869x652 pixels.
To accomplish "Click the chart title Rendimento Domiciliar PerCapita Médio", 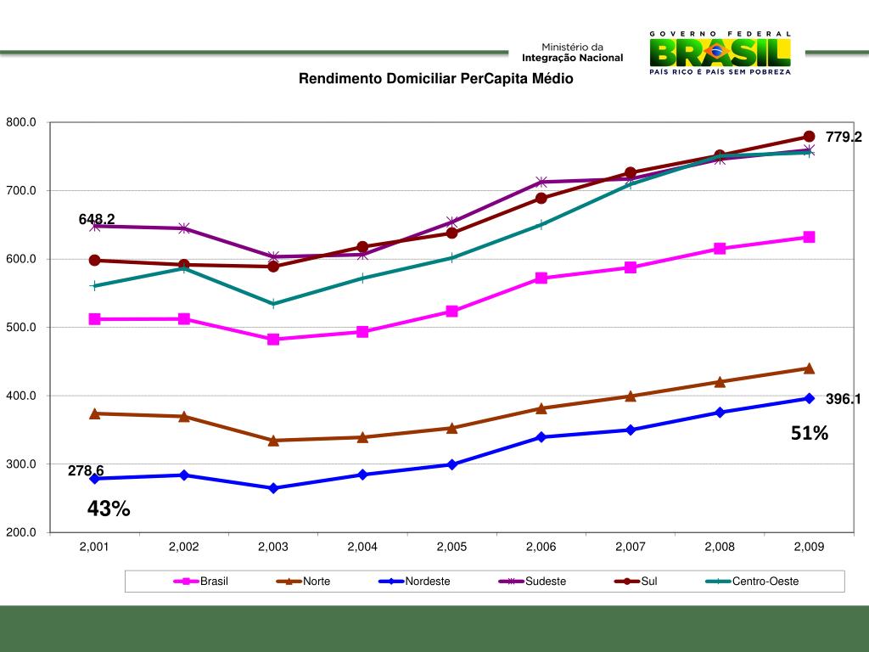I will click(x=434, y=79).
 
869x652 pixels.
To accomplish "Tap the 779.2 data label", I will click(x=844, y=137).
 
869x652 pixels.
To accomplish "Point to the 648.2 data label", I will click(x=97, y=220).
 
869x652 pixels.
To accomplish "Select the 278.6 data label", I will click(x=86, y=470).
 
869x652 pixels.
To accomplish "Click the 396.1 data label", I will click(x=844, y=399).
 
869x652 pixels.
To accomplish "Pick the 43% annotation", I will click(x=109, y=509).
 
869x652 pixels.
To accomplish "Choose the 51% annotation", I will click(x=809, y=434).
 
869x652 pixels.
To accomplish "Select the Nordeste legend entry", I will click(x=427, y=582).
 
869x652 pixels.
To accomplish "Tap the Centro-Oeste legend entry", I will click(x=765, y=582).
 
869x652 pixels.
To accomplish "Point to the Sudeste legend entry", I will click(x=545, y=582).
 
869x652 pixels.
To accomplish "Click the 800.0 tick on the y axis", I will click(x=21, y=122).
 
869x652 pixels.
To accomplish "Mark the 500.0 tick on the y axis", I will click(x=21, y=328).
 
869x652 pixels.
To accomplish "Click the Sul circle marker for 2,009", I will click(x=809, y=137).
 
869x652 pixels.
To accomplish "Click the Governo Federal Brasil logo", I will click(x=720, y=53).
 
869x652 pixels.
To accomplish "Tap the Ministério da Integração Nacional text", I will click(x=572, y=53).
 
